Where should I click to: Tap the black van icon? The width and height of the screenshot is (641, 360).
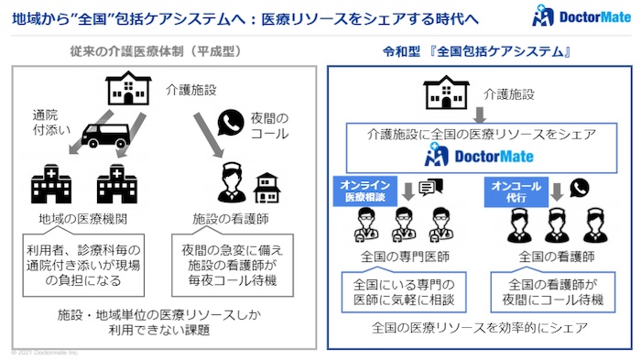click(104, 135)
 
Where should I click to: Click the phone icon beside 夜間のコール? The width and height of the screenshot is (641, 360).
click(229, 122)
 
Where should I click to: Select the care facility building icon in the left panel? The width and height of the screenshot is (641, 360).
click(126, 89)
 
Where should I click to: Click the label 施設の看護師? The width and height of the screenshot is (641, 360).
click(230, 220)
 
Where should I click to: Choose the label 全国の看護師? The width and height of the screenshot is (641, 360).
click(557, 256)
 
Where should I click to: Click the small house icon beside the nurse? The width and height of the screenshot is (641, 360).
click(266, 187)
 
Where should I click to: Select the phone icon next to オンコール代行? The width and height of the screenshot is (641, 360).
click(579, 188)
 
